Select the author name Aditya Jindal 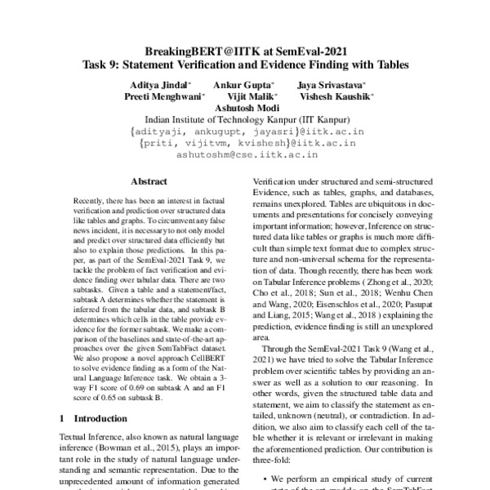(x=160, y=85)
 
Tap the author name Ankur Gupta (x=243, y=85)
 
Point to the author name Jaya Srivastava (x=330, y=85)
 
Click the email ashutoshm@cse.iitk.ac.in (x=244, y=152)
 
